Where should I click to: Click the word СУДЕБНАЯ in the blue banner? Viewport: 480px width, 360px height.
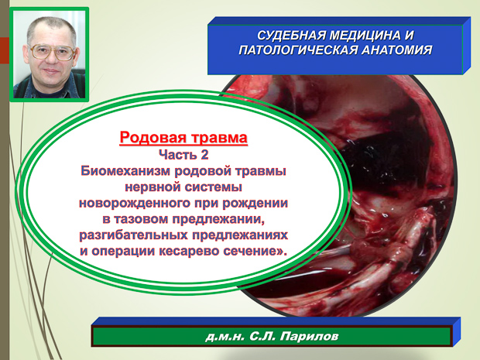click(x=290, y=36)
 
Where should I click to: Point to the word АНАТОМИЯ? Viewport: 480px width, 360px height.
click(x=397, y=50)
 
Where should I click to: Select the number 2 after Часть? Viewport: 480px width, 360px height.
click(x=204, y=155)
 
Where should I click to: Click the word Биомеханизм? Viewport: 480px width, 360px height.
click(x=125, y=171)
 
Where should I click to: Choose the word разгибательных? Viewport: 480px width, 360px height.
click(x=133, y=235)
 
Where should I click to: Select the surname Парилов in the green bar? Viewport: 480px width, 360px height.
click(x=309, y=337)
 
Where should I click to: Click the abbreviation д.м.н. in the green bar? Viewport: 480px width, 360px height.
click(x=225, y=337)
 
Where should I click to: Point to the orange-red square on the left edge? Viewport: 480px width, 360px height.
click(x=5, y=50)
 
